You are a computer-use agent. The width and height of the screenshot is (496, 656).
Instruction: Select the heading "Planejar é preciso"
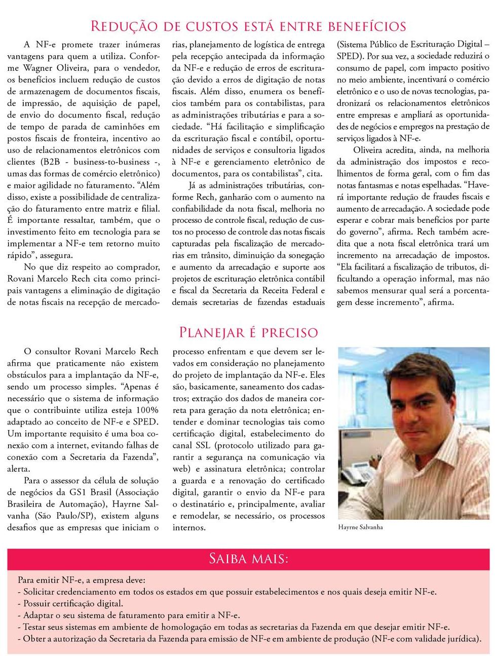pos(248,332)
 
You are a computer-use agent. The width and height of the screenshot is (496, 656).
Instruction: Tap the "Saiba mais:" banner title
pos(248,559)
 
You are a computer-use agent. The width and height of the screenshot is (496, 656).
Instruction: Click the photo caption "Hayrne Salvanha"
pos(360,527)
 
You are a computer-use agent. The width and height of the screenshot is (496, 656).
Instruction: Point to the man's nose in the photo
pos(416,422)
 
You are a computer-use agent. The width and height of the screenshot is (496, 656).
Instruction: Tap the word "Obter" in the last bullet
pos(34,638)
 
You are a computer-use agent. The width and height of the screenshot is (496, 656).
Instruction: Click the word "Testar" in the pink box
pos(36,627)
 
